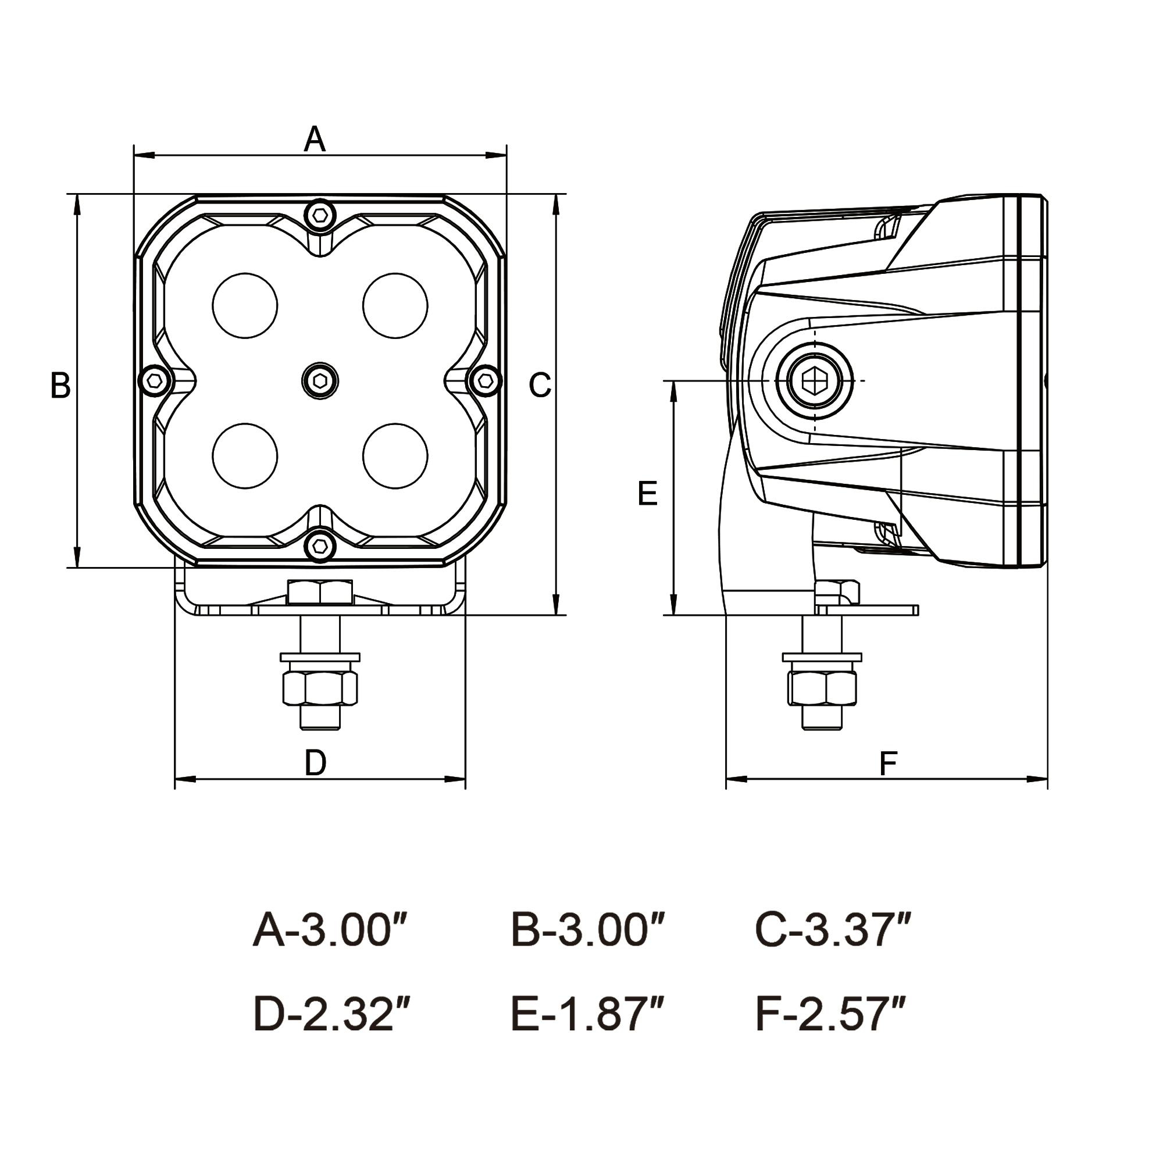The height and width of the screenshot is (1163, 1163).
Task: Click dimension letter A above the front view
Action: click(x=314, y=140)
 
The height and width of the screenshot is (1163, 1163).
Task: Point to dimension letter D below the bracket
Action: click(x=315, y=764)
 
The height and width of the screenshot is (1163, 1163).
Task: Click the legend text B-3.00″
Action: click(x=587, y=930)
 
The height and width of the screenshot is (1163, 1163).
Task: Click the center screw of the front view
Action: click(x=320, y=380)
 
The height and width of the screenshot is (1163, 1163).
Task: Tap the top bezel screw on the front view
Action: click(x=320, y=213)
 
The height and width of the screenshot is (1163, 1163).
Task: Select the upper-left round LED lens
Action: click(x=244, y=305)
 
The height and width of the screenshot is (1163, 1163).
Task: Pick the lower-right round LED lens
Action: click(x=395, y=456)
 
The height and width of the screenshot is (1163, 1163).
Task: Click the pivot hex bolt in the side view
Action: click(x=814, y=380)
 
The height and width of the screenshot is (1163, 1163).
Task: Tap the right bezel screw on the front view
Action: click(x=485, y=380)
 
